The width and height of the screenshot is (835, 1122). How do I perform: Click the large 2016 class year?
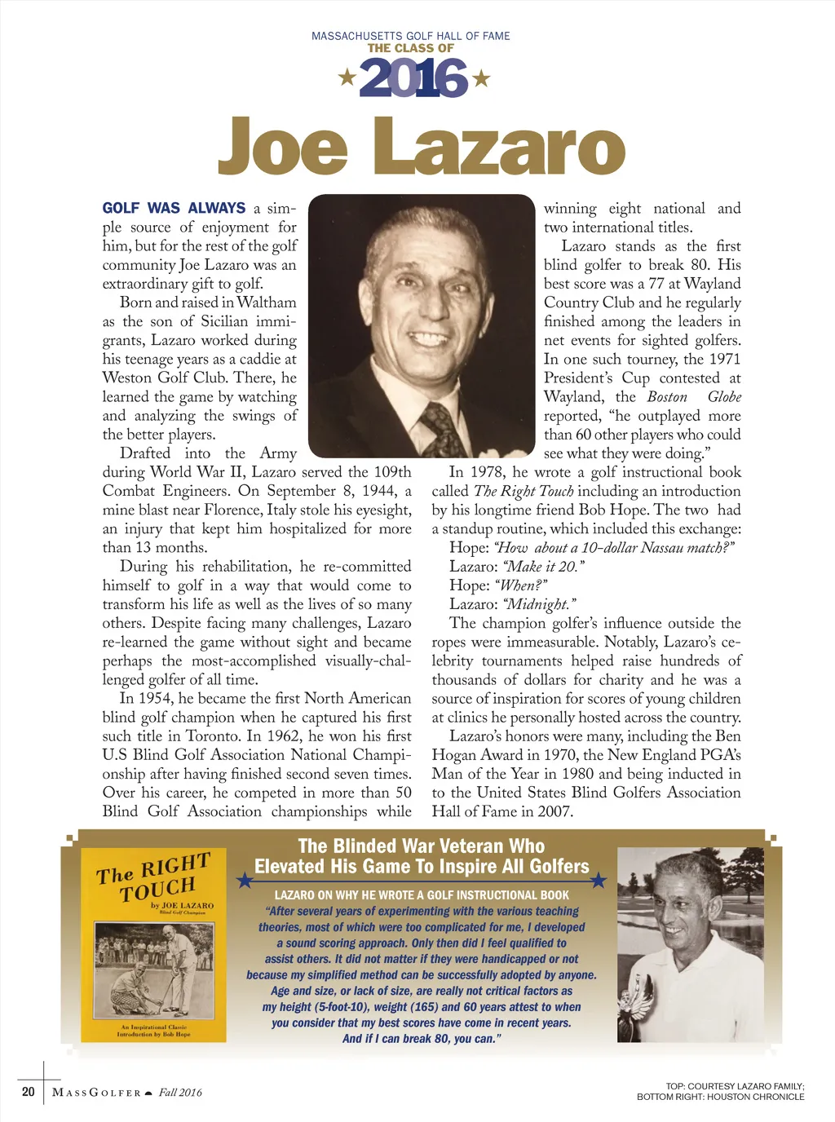(413, 79)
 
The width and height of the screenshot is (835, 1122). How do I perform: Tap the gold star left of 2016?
(347, 78)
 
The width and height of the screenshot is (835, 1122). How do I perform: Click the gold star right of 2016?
(481, 78)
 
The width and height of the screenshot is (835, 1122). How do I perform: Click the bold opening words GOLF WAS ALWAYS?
(174, 208)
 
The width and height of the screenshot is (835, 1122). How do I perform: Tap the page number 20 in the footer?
(29, 1092)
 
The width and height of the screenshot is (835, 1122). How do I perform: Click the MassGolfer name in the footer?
(96, 1093)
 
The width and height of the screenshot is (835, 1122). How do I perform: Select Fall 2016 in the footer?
(180, 1093)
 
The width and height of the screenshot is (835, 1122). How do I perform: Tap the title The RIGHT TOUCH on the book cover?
(155, 877)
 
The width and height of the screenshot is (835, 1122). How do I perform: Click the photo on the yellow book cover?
(154, 969)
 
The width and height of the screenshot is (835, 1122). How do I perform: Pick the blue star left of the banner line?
(244, 880)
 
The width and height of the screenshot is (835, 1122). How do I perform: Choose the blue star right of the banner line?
(599, 880)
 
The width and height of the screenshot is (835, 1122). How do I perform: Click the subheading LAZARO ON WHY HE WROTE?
(422, 895)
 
